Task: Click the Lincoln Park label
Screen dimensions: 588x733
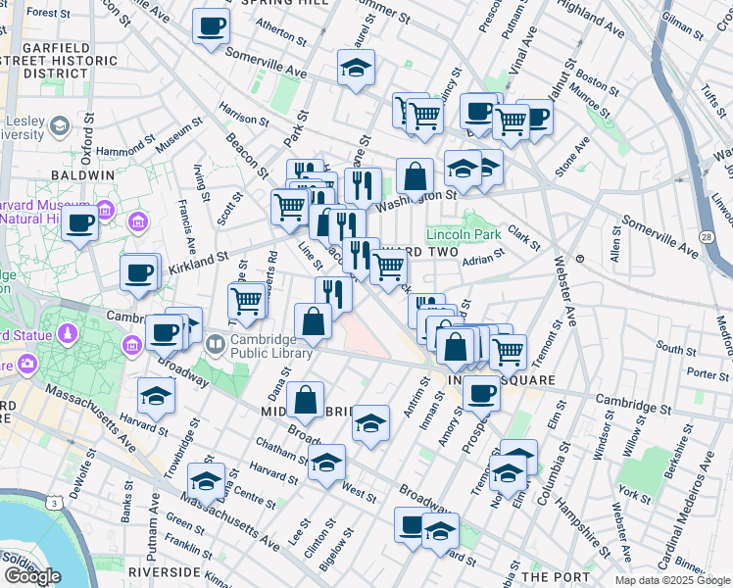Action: (464, 234)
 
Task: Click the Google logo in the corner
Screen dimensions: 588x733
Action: (32, 575)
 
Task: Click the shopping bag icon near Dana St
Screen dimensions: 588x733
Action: (305, 399)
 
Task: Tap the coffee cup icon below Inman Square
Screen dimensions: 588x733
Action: (481, 393)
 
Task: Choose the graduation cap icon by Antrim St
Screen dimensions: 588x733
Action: (369, 423)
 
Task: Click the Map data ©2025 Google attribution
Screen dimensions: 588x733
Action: (672, 580)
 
